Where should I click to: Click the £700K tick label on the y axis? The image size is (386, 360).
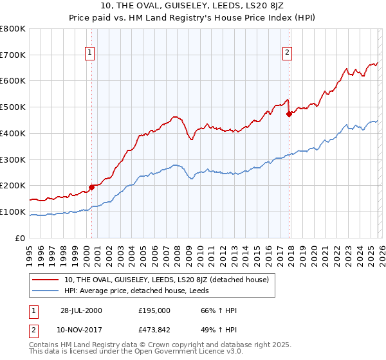coord(13,55)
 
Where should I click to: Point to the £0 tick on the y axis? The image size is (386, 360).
coord(21,238)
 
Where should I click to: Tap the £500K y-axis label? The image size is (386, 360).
coord(13,107)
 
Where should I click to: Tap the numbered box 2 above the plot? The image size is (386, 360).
coord(287,53)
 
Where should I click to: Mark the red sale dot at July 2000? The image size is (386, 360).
coord(91,187)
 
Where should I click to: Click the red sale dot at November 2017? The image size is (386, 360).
coord(289,114)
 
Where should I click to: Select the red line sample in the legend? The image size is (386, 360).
coord(46,280)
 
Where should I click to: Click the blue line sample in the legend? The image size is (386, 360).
coord(46,291)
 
